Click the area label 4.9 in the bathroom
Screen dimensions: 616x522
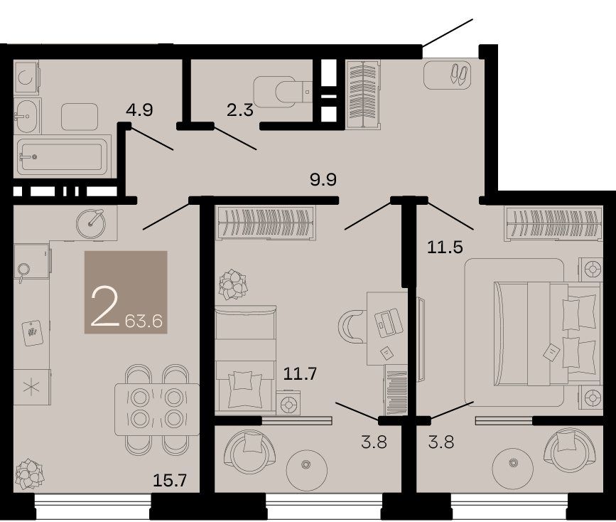(x=139, y=110)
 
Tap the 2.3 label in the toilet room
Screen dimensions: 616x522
(x=239, y=110)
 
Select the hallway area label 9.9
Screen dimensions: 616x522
(x=323, y=180)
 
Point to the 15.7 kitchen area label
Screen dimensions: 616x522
(x=169, y=480)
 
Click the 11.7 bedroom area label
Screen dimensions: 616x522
(x=300, y=373)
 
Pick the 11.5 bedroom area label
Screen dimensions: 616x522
(x=445, y=247)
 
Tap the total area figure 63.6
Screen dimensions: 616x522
(x=144, y=321)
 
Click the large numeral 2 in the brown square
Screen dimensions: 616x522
(x=104, y=307)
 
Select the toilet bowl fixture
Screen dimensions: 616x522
(x=283, y=92)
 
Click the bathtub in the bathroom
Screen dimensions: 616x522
(x=63, y=156)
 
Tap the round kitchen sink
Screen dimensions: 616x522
(x=91, y=223)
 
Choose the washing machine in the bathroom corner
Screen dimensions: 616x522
(x=27, y=77)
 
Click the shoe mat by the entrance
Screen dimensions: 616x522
(x=448, y=75)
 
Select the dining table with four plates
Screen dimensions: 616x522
(x=157, y=409)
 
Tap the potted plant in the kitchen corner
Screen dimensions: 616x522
(x=29, y=474)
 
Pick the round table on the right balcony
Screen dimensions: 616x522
(x=513, y=462)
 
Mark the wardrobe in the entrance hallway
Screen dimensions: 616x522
(x=364, y=95)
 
